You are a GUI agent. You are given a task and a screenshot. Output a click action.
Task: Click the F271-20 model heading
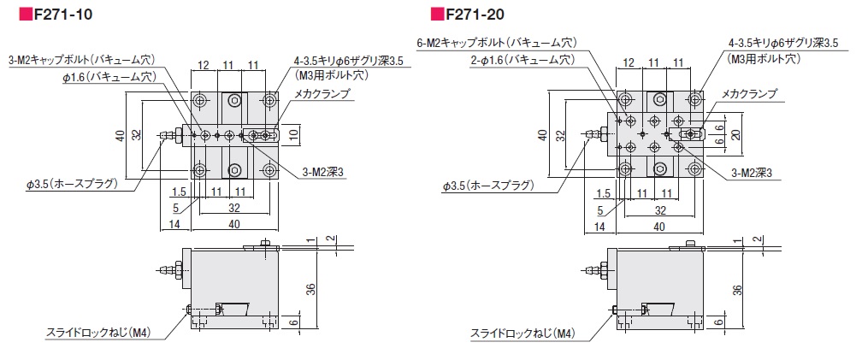pos(484,15)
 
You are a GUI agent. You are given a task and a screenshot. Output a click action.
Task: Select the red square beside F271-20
pos(436,15)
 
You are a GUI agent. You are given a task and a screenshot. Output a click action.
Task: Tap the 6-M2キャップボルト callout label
pos(496,42)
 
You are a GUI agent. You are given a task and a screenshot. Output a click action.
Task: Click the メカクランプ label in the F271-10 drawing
pos(322,94)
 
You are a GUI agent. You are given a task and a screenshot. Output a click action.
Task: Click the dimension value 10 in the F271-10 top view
pos(292,133)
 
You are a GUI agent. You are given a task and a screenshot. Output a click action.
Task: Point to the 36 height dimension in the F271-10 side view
pos(310,292)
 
